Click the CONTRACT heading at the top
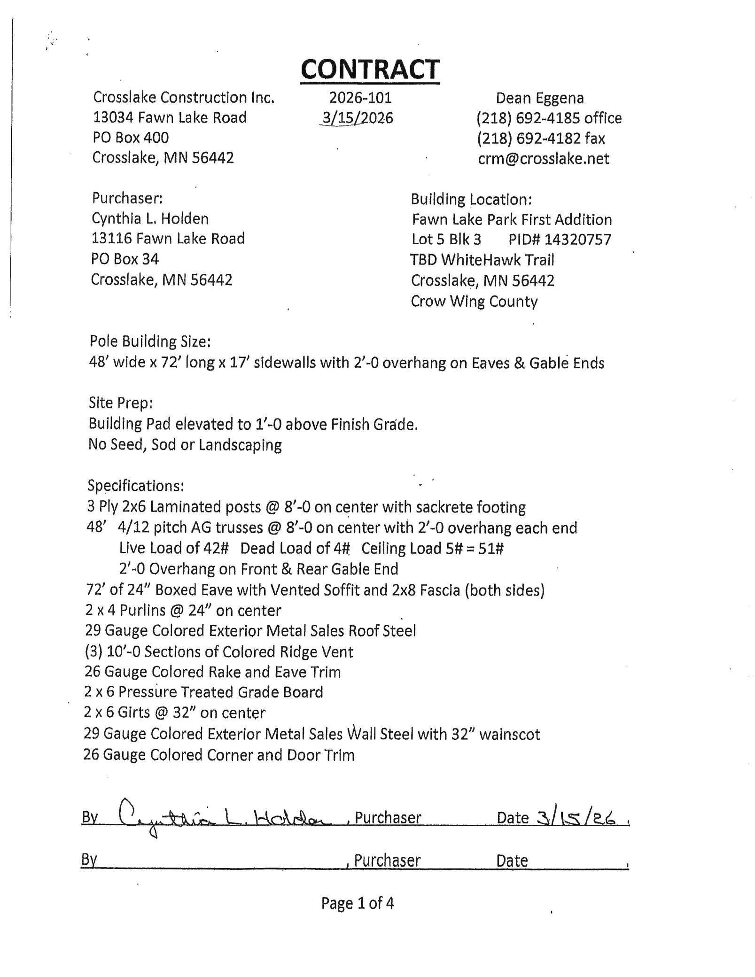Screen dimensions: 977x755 click(370, 69)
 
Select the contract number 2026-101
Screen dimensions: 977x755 click(360, 98)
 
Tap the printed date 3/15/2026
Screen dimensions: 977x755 click(357, 118)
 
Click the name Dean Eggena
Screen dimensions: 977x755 click(539, 98)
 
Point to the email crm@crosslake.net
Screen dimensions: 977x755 click(543, 159)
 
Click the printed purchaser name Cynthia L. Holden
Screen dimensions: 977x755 click(150, 218)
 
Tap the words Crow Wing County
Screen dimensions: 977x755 click(474, 301)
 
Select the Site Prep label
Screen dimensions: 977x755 click(121, 403)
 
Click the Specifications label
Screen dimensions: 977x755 click(136, 485)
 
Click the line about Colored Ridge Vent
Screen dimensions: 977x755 click(219, 651)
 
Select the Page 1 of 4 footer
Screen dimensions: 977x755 click(357, 903)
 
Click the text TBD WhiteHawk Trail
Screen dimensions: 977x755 click(482, 260)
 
